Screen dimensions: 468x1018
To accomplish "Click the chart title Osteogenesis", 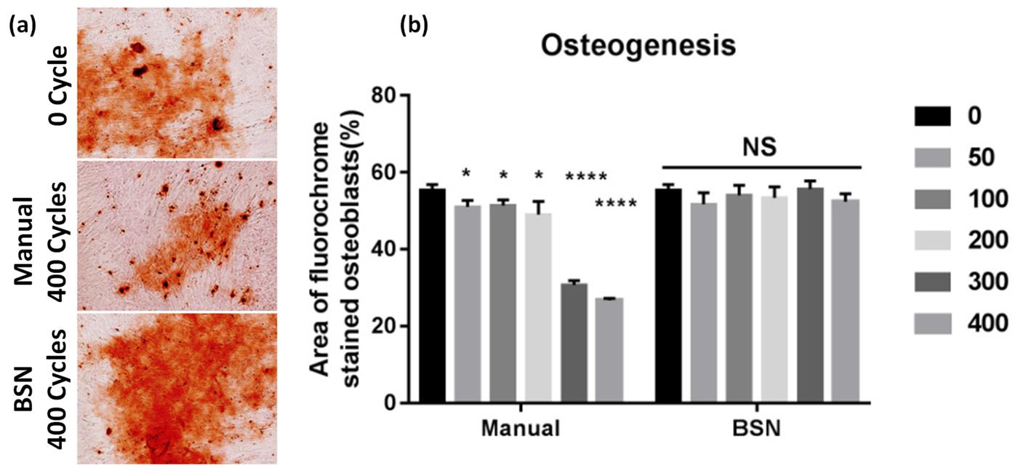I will [x=638, y=46].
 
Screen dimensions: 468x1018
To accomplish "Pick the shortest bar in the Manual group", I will [x=609, y=350].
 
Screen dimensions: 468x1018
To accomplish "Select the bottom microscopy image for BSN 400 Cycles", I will [x=177, y=388].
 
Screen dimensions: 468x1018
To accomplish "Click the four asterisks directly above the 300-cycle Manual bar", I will [x=586, y=176].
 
